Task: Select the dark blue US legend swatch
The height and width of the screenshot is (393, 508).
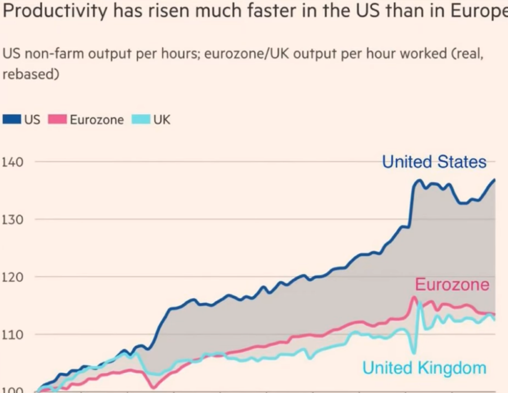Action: (x=12, y=120)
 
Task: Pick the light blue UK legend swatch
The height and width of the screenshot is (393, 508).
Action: (x=141, y=120)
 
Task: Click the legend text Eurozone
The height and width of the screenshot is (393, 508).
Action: (x=97, y=120)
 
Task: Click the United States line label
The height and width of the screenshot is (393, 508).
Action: (x=434, y=163)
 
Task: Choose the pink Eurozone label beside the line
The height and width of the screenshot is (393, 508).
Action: (x=452, y=284)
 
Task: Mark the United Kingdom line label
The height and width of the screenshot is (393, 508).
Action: (x=424, y=368)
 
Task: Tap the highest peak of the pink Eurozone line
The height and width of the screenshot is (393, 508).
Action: (x=414, y=297)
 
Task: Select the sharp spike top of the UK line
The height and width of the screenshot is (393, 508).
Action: (x=420, y=304)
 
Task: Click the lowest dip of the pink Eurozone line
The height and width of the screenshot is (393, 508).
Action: (x=153, y=387)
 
